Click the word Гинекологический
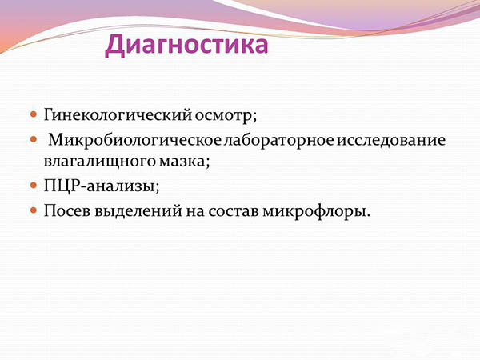click(111, 114)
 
